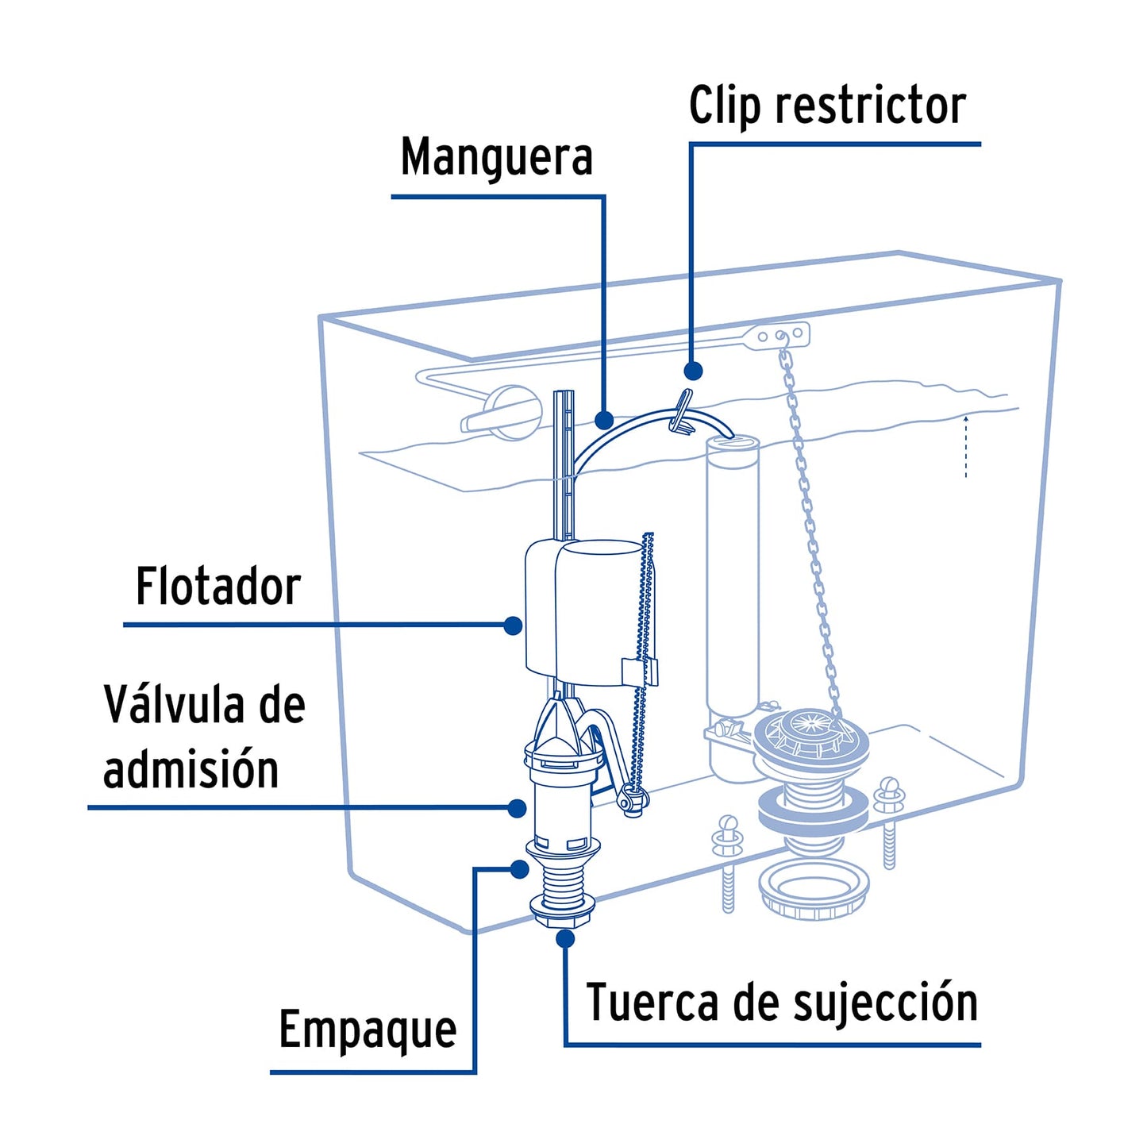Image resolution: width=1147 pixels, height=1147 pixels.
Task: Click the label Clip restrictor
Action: point(826,106)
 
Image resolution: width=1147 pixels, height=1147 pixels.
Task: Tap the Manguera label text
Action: point(496,157)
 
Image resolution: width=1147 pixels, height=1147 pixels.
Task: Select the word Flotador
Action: point(217,587)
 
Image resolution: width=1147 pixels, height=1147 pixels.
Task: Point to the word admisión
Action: point(191,769)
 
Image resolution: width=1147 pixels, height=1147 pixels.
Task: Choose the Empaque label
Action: point(368,1030)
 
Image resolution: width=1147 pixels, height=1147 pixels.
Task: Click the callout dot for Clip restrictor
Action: point(693,371)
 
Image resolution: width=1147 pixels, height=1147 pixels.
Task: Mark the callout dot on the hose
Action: point(604,419)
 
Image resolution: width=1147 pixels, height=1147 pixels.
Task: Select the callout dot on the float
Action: point(514,625)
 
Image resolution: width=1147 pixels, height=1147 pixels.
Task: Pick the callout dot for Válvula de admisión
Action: point(517,808)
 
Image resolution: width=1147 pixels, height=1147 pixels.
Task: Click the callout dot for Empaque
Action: point(520,869)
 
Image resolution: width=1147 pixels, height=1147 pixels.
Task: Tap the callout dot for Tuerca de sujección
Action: point(565,938)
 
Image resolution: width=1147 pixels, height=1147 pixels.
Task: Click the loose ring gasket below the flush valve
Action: point(814,890)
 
